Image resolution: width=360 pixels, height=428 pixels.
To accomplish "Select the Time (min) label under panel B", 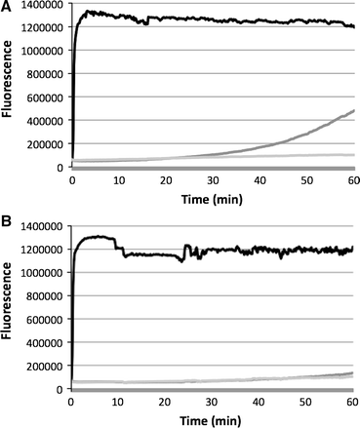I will tap(212, 419).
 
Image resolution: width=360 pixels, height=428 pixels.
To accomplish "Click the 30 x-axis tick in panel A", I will tap(212, 180).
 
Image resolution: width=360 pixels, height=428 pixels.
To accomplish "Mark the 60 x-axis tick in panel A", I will tap(351, 180).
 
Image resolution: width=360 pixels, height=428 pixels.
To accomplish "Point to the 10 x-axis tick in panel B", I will tap(118, 402).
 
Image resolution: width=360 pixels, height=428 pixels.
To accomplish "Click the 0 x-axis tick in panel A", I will tap(72, 180).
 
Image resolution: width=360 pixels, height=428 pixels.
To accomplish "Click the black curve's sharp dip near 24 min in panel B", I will tap(182, 260).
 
